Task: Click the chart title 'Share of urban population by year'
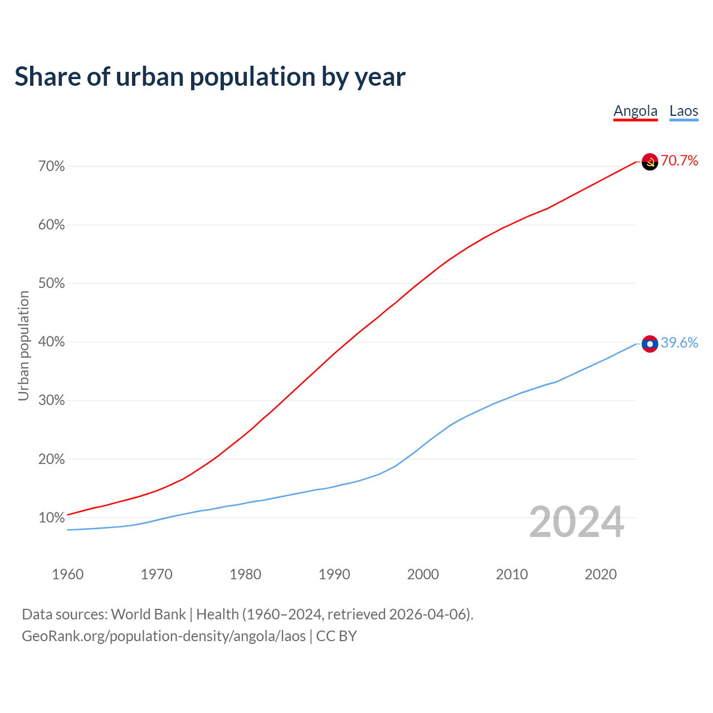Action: pos(210,77)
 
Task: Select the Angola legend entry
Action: pos(636,111)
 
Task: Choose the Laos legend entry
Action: pos(683,111)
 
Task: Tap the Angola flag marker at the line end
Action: pos(650,162)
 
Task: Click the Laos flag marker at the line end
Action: pos(650,344)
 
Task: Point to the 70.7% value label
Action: pos(680,161)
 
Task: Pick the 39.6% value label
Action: pos(680,343)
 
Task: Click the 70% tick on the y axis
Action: pos(52,167)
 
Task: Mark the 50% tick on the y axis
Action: pos(52,284)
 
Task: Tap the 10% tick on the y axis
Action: pos(52,518)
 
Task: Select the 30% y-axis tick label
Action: pos(52,401)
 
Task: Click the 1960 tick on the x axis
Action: pos(67,574)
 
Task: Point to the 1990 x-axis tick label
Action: pos(334,574)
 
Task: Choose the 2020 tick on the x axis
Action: pos(600,574)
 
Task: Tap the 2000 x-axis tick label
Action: pos(423,574)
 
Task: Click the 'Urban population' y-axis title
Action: pos(23,345)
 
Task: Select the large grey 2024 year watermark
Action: pos(577,522)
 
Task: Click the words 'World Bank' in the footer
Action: pos(148,614)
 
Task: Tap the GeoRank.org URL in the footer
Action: pos(164,636)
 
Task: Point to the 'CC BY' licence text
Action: pos(336,636)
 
